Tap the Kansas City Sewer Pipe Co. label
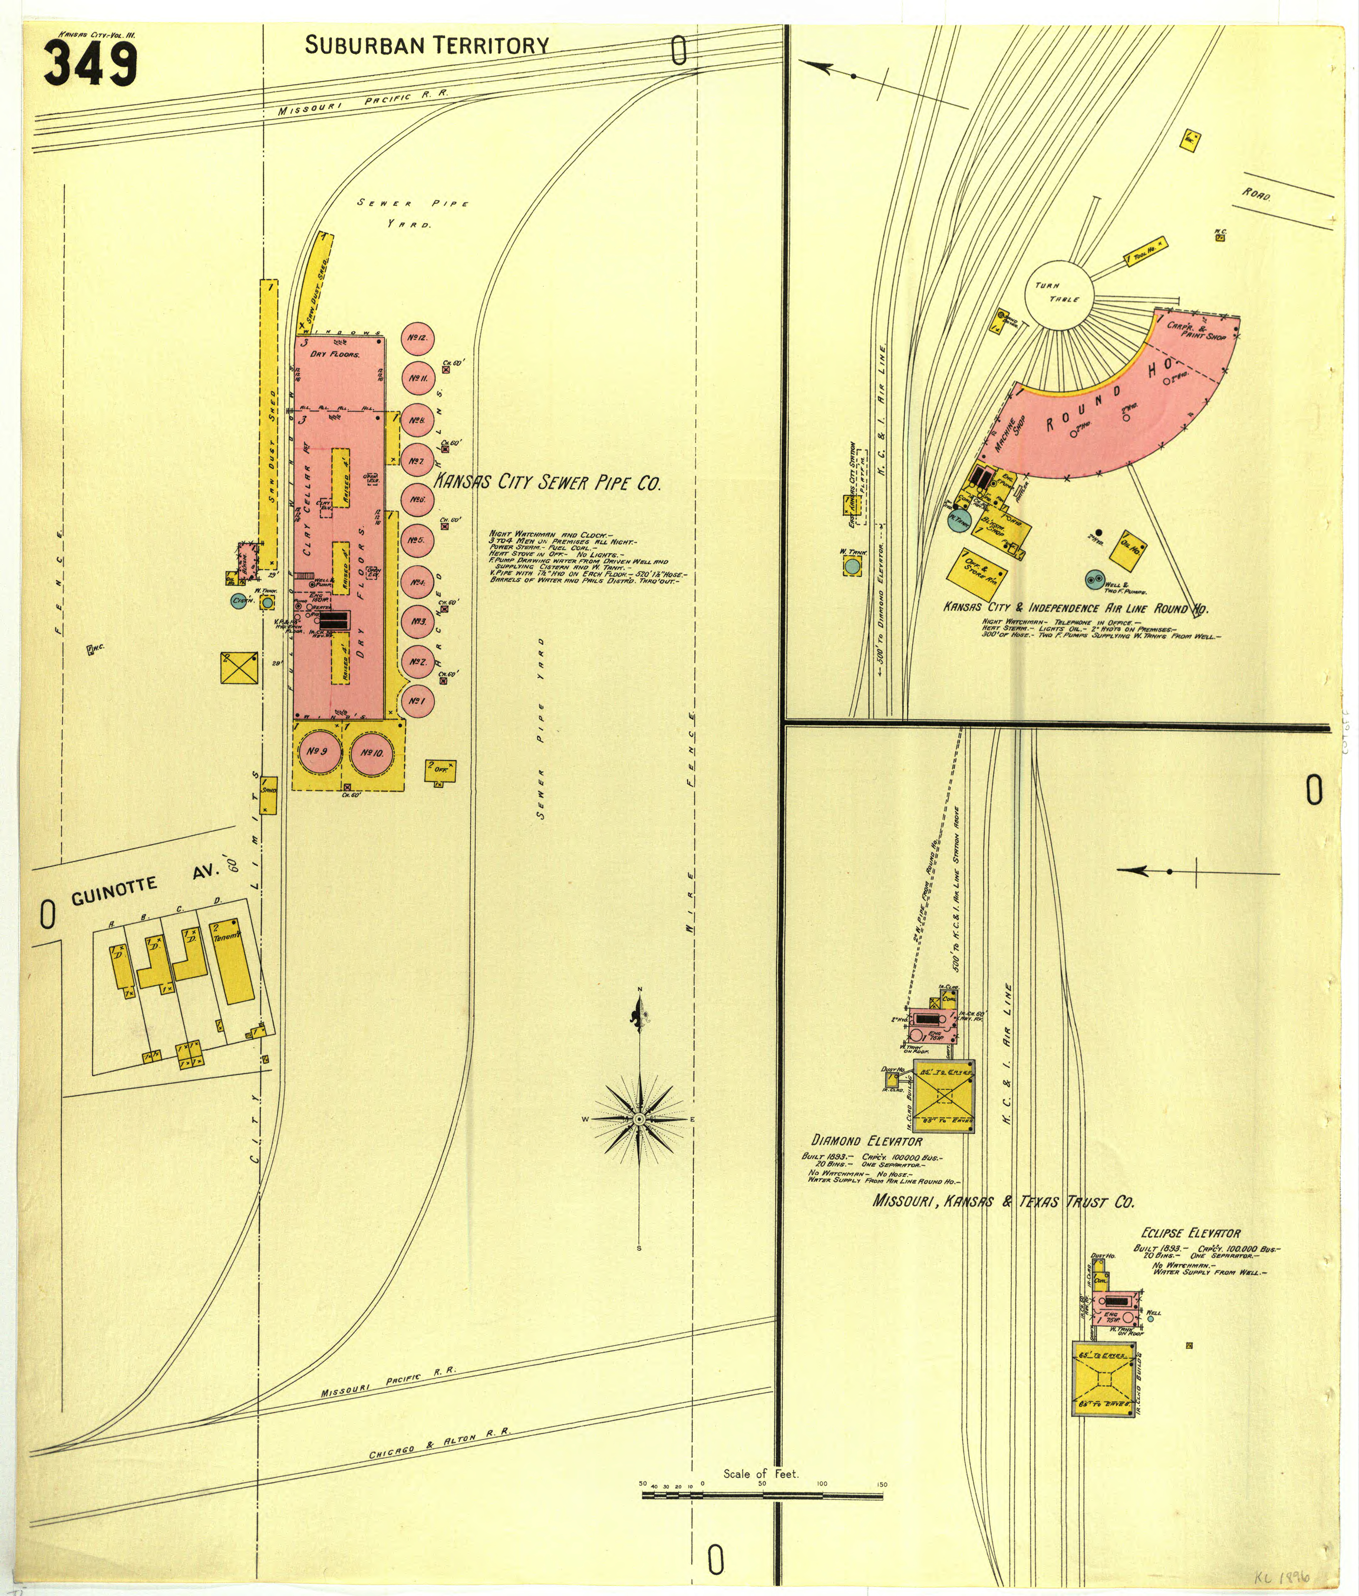click(547, 483)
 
